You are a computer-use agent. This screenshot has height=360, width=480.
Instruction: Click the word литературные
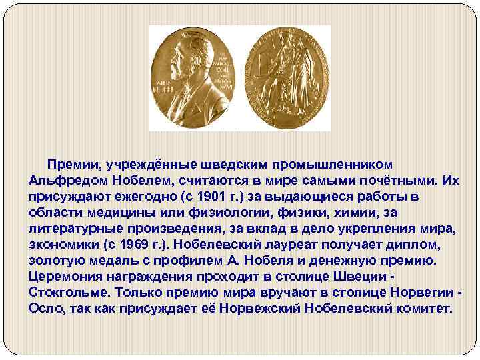77,228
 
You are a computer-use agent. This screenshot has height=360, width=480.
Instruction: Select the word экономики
61,244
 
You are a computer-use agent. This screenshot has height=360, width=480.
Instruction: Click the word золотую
60,260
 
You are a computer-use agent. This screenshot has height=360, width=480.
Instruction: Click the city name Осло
47,309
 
